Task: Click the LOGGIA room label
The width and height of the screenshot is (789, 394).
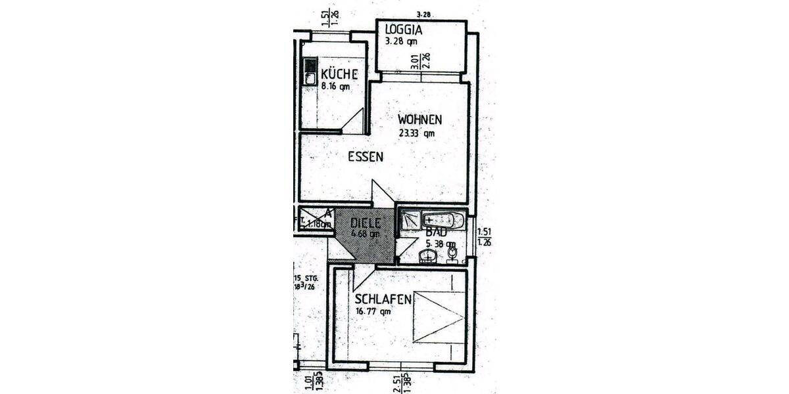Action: click(403, 30)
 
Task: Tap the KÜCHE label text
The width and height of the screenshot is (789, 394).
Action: click(339, 74)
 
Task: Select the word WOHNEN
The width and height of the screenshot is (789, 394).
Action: click(419, 120)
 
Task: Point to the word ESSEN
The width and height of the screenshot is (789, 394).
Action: click(366, 156)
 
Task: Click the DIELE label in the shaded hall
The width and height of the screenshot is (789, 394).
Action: click(366, 222)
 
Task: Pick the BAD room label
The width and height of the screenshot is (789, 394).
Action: click(437, 232)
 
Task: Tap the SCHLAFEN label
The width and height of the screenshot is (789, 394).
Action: click(384, 299)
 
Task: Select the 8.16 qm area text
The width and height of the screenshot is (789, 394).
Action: click(336, 85)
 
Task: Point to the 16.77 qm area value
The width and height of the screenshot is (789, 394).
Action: click(373, 312)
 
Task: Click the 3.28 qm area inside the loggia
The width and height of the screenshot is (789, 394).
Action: click(400, 41)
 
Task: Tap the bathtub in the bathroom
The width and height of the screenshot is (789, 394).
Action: click(443, 220)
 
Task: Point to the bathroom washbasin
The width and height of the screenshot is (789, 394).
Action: click(428, 256)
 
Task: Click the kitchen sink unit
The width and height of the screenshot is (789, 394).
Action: click(310, 71)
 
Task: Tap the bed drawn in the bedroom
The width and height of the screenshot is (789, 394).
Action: click(439, 317)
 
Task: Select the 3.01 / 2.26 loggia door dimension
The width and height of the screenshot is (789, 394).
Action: click(420, 60)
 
